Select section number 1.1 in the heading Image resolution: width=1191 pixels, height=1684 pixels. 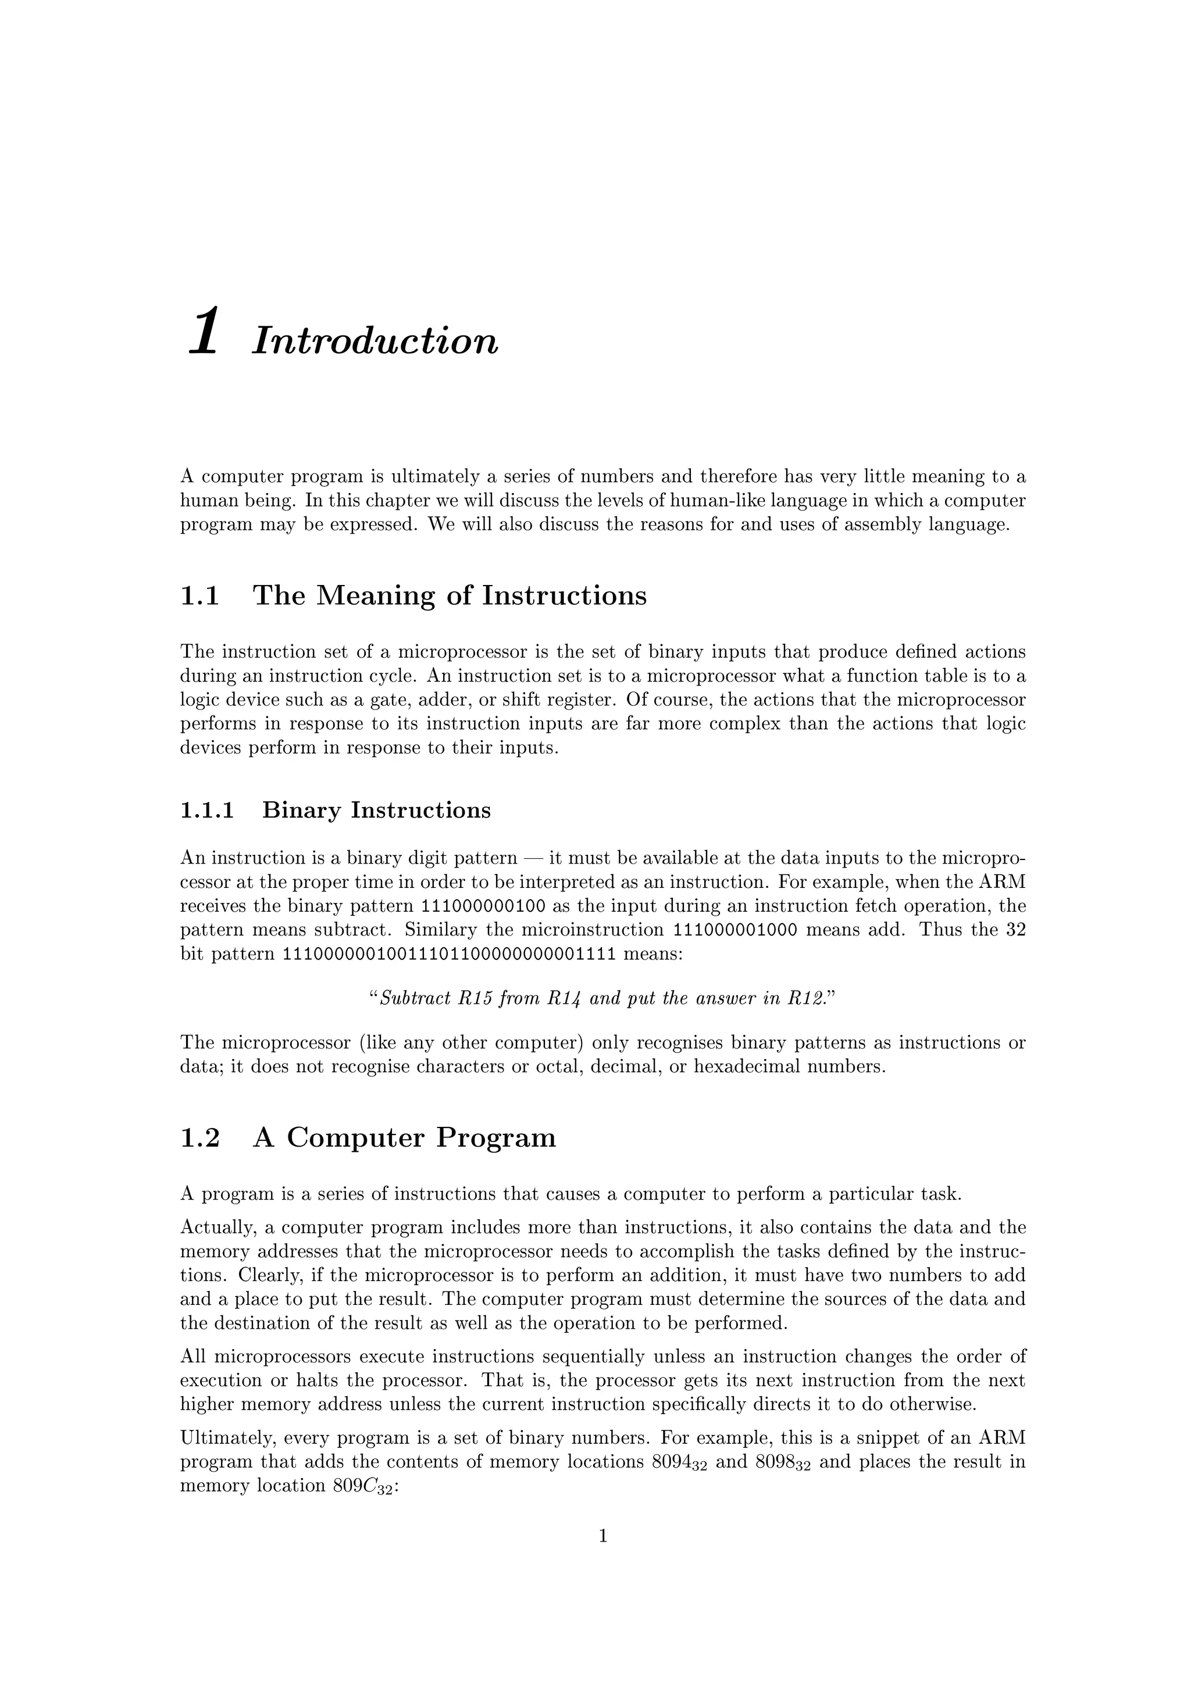pos(199,595)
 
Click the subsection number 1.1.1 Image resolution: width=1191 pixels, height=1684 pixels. pos(207,811)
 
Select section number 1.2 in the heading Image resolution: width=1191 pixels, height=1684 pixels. pos(199,1139)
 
